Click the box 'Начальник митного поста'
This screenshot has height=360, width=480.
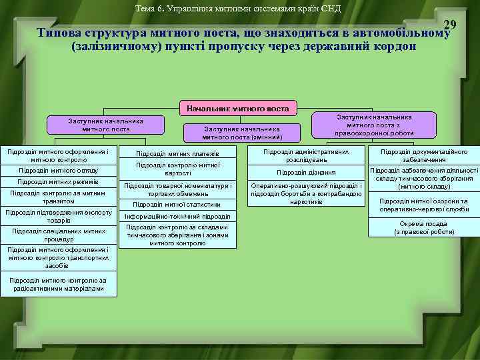click(238, 108)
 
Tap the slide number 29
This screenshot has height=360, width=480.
click(450, 25)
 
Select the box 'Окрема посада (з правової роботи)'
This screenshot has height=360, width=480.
click(424, 227)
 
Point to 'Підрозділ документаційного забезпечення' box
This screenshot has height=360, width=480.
click(424, 156)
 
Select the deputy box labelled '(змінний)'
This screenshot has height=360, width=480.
click(243, 133)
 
